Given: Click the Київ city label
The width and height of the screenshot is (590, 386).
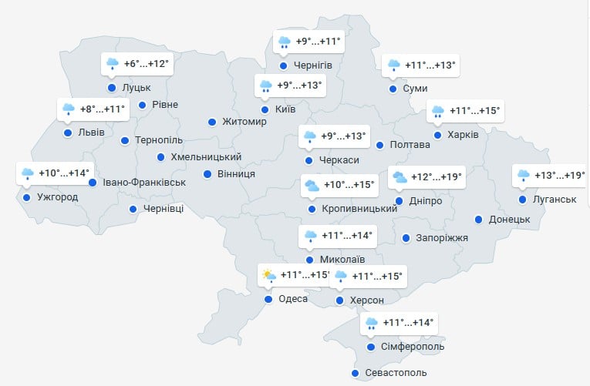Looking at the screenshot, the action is pos(285,110).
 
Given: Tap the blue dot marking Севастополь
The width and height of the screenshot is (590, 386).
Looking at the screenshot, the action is pos(355,374).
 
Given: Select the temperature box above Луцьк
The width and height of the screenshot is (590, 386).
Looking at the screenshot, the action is pos(136,64).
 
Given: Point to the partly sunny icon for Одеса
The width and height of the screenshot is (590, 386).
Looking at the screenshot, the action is pos(268,275).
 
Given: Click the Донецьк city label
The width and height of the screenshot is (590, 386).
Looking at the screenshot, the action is pos(510,220).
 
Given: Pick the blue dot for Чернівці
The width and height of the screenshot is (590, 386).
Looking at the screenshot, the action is pos(134,209).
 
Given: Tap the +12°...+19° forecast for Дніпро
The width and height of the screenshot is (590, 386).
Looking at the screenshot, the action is pos(426,177).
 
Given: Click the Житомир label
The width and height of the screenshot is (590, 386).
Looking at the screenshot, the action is pos(244,122).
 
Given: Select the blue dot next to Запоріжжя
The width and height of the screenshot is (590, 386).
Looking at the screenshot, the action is pos(406,237).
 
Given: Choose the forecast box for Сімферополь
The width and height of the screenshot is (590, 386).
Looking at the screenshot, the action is pos(399,323).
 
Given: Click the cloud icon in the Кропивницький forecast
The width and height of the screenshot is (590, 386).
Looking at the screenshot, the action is pos(312,185).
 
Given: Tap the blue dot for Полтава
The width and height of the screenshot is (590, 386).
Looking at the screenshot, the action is pos(379,145).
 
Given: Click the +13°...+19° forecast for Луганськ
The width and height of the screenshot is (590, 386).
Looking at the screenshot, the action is pos(551,176).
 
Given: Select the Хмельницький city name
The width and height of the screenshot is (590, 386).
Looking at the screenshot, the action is pos(206,157).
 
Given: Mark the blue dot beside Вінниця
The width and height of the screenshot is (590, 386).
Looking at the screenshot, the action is pos(207,174).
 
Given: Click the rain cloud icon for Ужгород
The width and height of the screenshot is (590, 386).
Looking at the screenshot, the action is pos(28,173).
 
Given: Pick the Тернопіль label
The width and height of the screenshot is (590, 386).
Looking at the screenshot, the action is pos(159,140).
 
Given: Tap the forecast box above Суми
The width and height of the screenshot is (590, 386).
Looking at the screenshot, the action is pos(421,65).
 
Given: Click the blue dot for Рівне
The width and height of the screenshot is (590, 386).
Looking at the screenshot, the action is pos(142,105).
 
